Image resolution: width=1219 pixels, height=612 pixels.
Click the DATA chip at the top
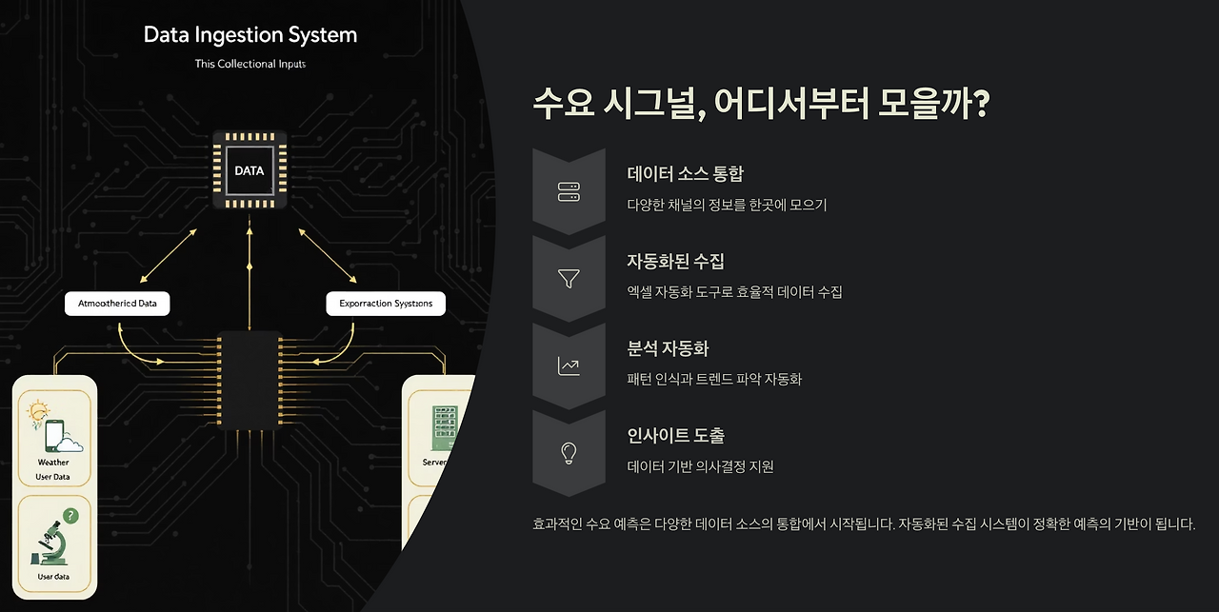pos(250,171)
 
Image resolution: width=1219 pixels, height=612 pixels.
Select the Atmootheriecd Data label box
pos(117,304)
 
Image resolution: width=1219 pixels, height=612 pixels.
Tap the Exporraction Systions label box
pos(386,304)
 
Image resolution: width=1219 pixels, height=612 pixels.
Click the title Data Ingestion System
pos(250,35)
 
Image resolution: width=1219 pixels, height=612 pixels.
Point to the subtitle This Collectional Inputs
pos(250,64)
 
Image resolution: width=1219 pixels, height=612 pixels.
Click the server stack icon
pos(569,191)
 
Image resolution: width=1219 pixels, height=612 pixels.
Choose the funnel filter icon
pos(569,279)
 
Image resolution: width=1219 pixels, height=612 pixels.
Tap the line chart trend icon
pos(569,366)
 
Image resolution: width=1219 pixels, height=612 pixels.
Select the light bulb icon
pos(569,453)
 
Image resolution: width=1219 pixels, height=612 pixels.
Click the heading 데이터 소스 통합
pos(685,174)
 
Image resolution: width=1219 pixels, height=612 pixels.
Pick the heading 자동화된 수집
pos(675,262)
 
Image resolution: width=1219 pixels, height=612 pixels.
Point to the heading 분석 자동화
pos(668,349)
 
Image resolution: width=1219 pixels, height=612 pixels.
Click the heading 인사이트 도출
pos(675,436)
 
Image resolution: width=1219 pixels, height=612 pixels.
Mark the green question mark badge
pos(70,516)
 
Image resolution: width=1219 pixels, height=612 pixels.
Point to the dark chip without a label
pos(250,379)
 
